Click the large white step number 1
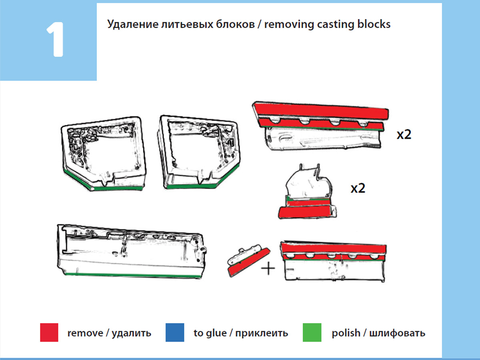55,40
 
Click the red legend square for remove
49,332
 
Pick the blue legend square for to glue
175,332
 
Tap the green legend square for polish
312,332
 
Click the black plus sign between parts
268,268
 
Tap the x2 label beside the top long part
404,134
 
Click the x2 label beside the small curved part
358,188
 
